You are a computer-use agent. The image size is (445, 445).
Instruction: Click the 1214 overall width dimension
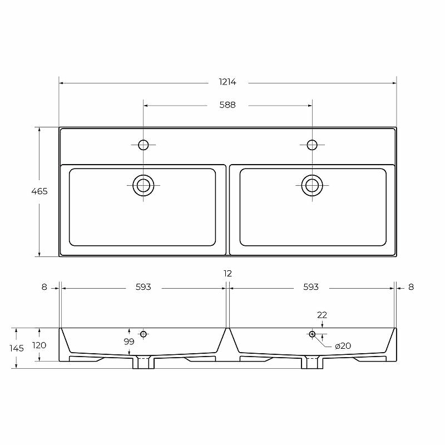(x=228, y=82)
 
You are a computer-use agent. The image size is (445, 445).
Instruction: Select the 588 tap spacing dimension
(x=228, y=105)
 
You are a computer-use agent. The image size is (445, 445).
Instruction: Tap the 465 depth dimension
(x=39, y=191)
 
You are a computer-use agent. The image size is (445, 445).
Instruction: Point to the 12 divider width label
(x=228, y=273)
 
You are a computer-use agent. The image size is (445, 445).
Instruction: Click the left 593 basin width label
(x=144, y=287)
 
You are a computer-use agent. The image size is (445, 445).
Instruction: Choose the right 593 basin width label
(x=311, y=287)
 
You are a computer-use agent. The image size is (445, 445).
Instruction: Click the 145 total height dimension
(x=17, y=348)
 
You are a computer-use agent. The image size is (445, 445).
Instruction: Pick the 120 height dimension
(x=39, y=345)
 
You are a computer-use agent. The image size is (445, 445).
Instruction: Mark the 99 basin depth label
(x=129, y=342)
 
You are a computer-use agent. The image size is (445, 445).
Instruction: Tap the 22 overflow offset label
(x=322, y=315)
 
